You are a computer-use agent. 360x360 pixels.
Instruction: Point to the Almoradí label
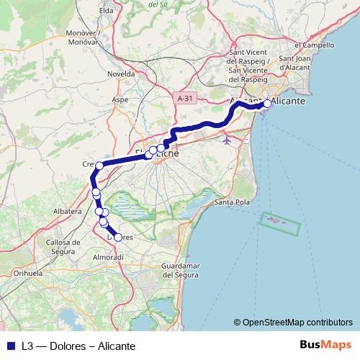click(x=109, y=256)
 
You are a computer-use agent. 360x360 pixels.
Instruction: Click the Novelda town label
click(x=120, y=74)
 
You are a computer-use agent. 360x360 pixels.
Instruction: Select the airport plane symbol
click(x=228, y=139)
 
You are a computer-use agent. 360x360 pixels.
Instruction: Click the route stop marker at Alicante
click(x=267, y=104)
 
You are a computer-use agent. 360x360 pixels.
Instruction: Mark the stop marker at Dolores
click(x=118, y=237)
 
